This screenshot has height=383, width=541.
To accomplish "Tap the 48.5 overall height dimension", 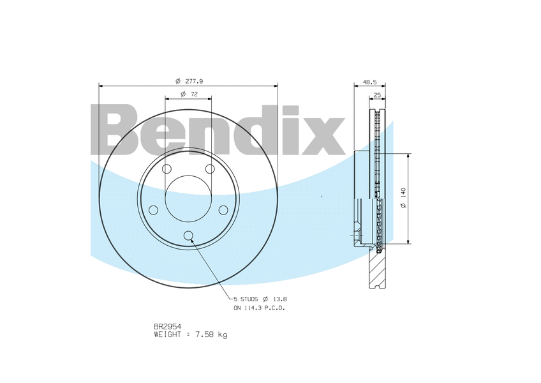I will click(370, 82).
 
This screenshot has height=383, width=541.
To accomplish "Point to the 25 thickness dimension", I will click(377, 94).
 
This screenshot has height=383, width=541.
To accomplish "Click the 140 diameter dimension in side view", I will click(404, 199).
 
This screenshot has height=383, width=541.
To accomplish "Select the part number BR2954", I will click(168, 326).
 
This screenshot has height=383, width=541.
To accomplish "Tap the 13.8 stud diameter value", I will click(280, 299).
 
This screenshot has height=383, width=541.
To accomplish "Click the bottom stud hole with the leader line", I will click(188, 236).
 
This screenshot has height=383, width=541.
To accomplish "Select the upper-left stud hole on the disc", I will click(167, 169).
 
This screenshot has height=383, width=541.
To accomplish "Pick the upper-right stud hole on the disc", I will click(210, 169).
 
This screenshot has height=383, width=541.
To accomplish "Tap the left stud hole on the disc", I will click(154, 210).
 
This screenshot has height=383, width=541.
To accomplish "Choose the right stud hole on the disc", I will click(223, 210).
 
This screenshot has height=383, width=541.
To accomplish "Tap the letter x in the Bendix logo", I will click(323, 136).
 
